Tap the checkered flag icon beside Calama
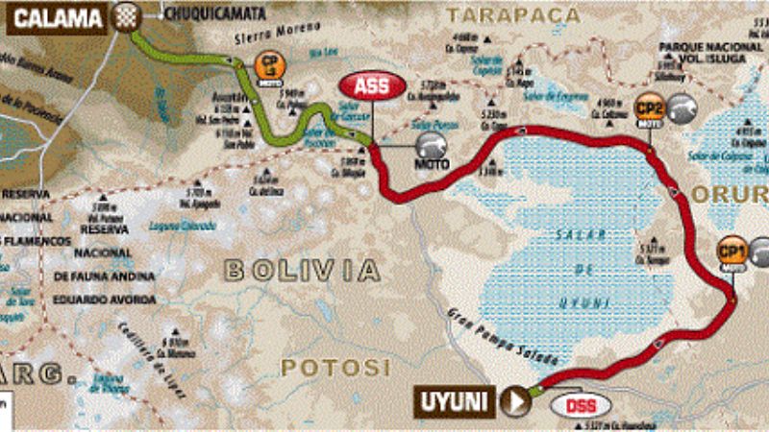pyautogui.click(x=125, y=15)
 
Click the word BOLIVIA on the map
pyautogui.click(x=302, y=270)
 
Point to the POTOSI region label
pyautogui.click(x=335, y=367)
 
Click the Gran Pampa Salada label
pyautogui.click(x=489, y=335)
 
